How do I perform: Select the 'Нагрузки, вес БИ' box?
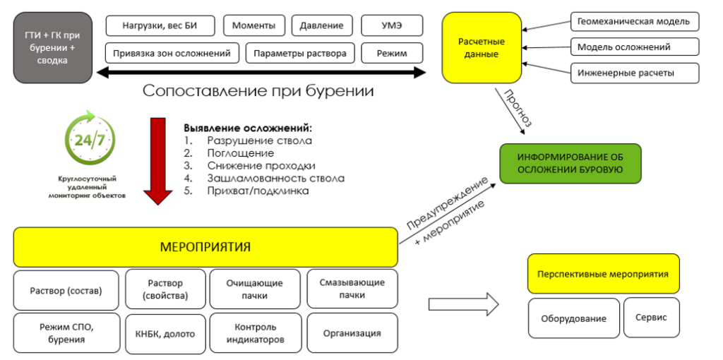pyautogui.click(x=161, y=26)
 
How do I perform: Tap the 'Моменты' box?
pyautogui.click(x=254, y=26)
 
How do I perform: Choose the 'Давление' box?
pyautogui.click(x=321, y=26)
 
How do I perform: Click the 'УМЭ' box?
pyautogui.click(x=392, y=26)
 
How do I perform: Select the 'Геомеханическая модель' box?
pyautogui.click(x=633, y=22)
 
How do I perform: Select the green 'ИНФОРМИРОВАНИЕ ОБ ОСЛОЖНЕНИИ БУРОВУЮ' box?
pyautogui.click(x=570, y=163)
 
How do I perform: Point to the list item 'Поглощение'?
pyautogui.click(x=240, y=153)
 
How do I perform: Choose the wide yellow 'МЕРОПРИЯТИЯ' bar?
pyautogui.click(x=205, y=247)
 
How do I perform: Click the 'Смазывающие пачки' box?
pyautogui.click(x=351, y=289)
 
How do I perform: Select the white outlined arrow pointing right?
pyautogui.click(x=463, y=305)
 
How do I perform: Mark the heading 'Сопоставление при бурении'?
pyautogui.click(x=258, y=91)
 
